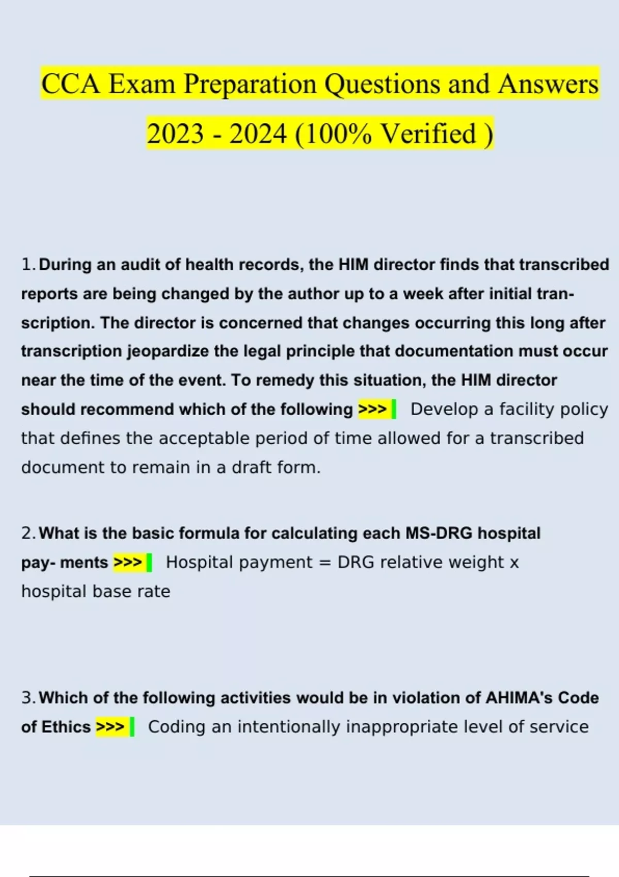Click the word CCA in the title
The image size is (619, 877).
pyautogui.click(x=71, y=84)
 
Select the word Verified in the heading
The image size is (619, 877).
pyautogui.click(x=428, y=134)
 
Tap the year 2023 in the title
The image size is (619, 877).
pyautogui.click(x=175, y=134)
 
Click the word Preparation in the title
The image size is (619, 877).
pyautogui.click(x=250, y=84)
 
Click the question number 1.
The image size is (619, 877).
pyautogui.click(x=28, y=265)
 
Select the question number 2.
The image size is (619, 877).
pyautogui.click(x=28, y=533)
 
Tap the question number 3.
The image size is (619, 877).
pyautogui.click(x=28, y=698)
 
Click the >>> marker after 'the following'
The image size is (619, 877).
pyautogui.click(x=372, y=409)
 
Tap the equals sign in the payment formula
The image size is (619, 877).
pyautogui.click(x=324, y=562)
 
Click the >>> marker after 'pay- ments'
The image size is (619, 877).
pyautogui.click(x=127, y=562)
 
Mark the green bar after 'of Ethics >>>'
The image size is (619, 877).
pyautogui.click(x=132, y=727)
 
